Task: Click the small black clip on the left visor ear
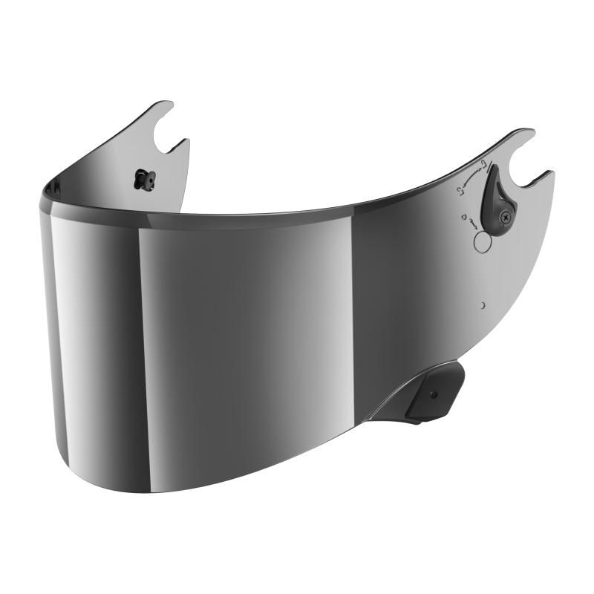coord(141,177)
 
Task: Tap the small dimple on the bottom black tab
coord(434,394)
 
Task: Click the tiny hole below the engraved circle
coord(483,304)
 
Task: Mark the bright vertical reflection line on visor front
coord(140,334)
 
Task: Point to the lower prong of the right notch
coord(546,177)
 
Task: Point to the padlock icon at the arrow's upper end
coord(484,164)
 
